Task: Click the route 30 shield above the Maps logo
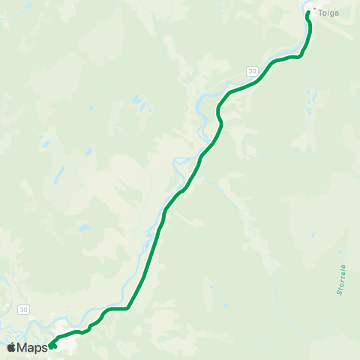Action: click(24, 309)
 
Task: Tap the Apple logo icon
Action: click(11, 347)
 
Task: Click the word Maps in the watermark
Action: click(33, 347)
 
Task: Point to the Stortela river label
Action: click(341, 278)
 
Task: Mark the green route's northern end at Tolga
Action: click(308, 12)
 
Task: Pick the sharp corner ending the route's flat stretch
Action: click(129, 307)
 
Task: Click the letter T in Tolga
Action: click(321, 13)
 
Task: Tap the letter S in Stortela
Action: click(341, 292)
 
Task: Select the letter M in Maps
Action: click(22, 347)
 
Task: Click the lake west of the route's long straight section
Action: click(84, 227)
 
